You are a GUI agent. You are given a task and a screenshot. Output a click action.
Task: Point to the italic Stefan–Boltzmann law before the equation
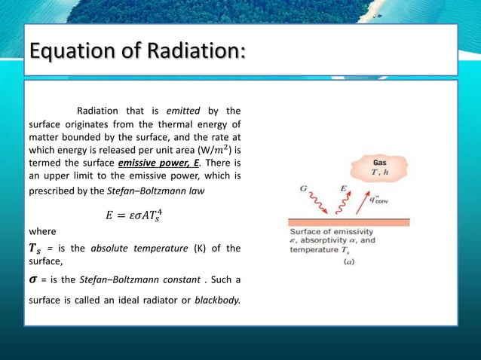click(173, 191)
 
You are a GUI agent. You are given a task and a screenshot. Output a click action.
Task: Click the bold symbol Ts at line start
click(35, 249)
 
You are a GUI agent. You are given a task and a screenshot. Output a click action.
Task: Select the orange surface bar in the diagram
click(349, 222)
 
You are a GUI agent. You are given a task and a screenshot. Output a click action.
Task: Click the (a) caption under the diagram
click(349, 263)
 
